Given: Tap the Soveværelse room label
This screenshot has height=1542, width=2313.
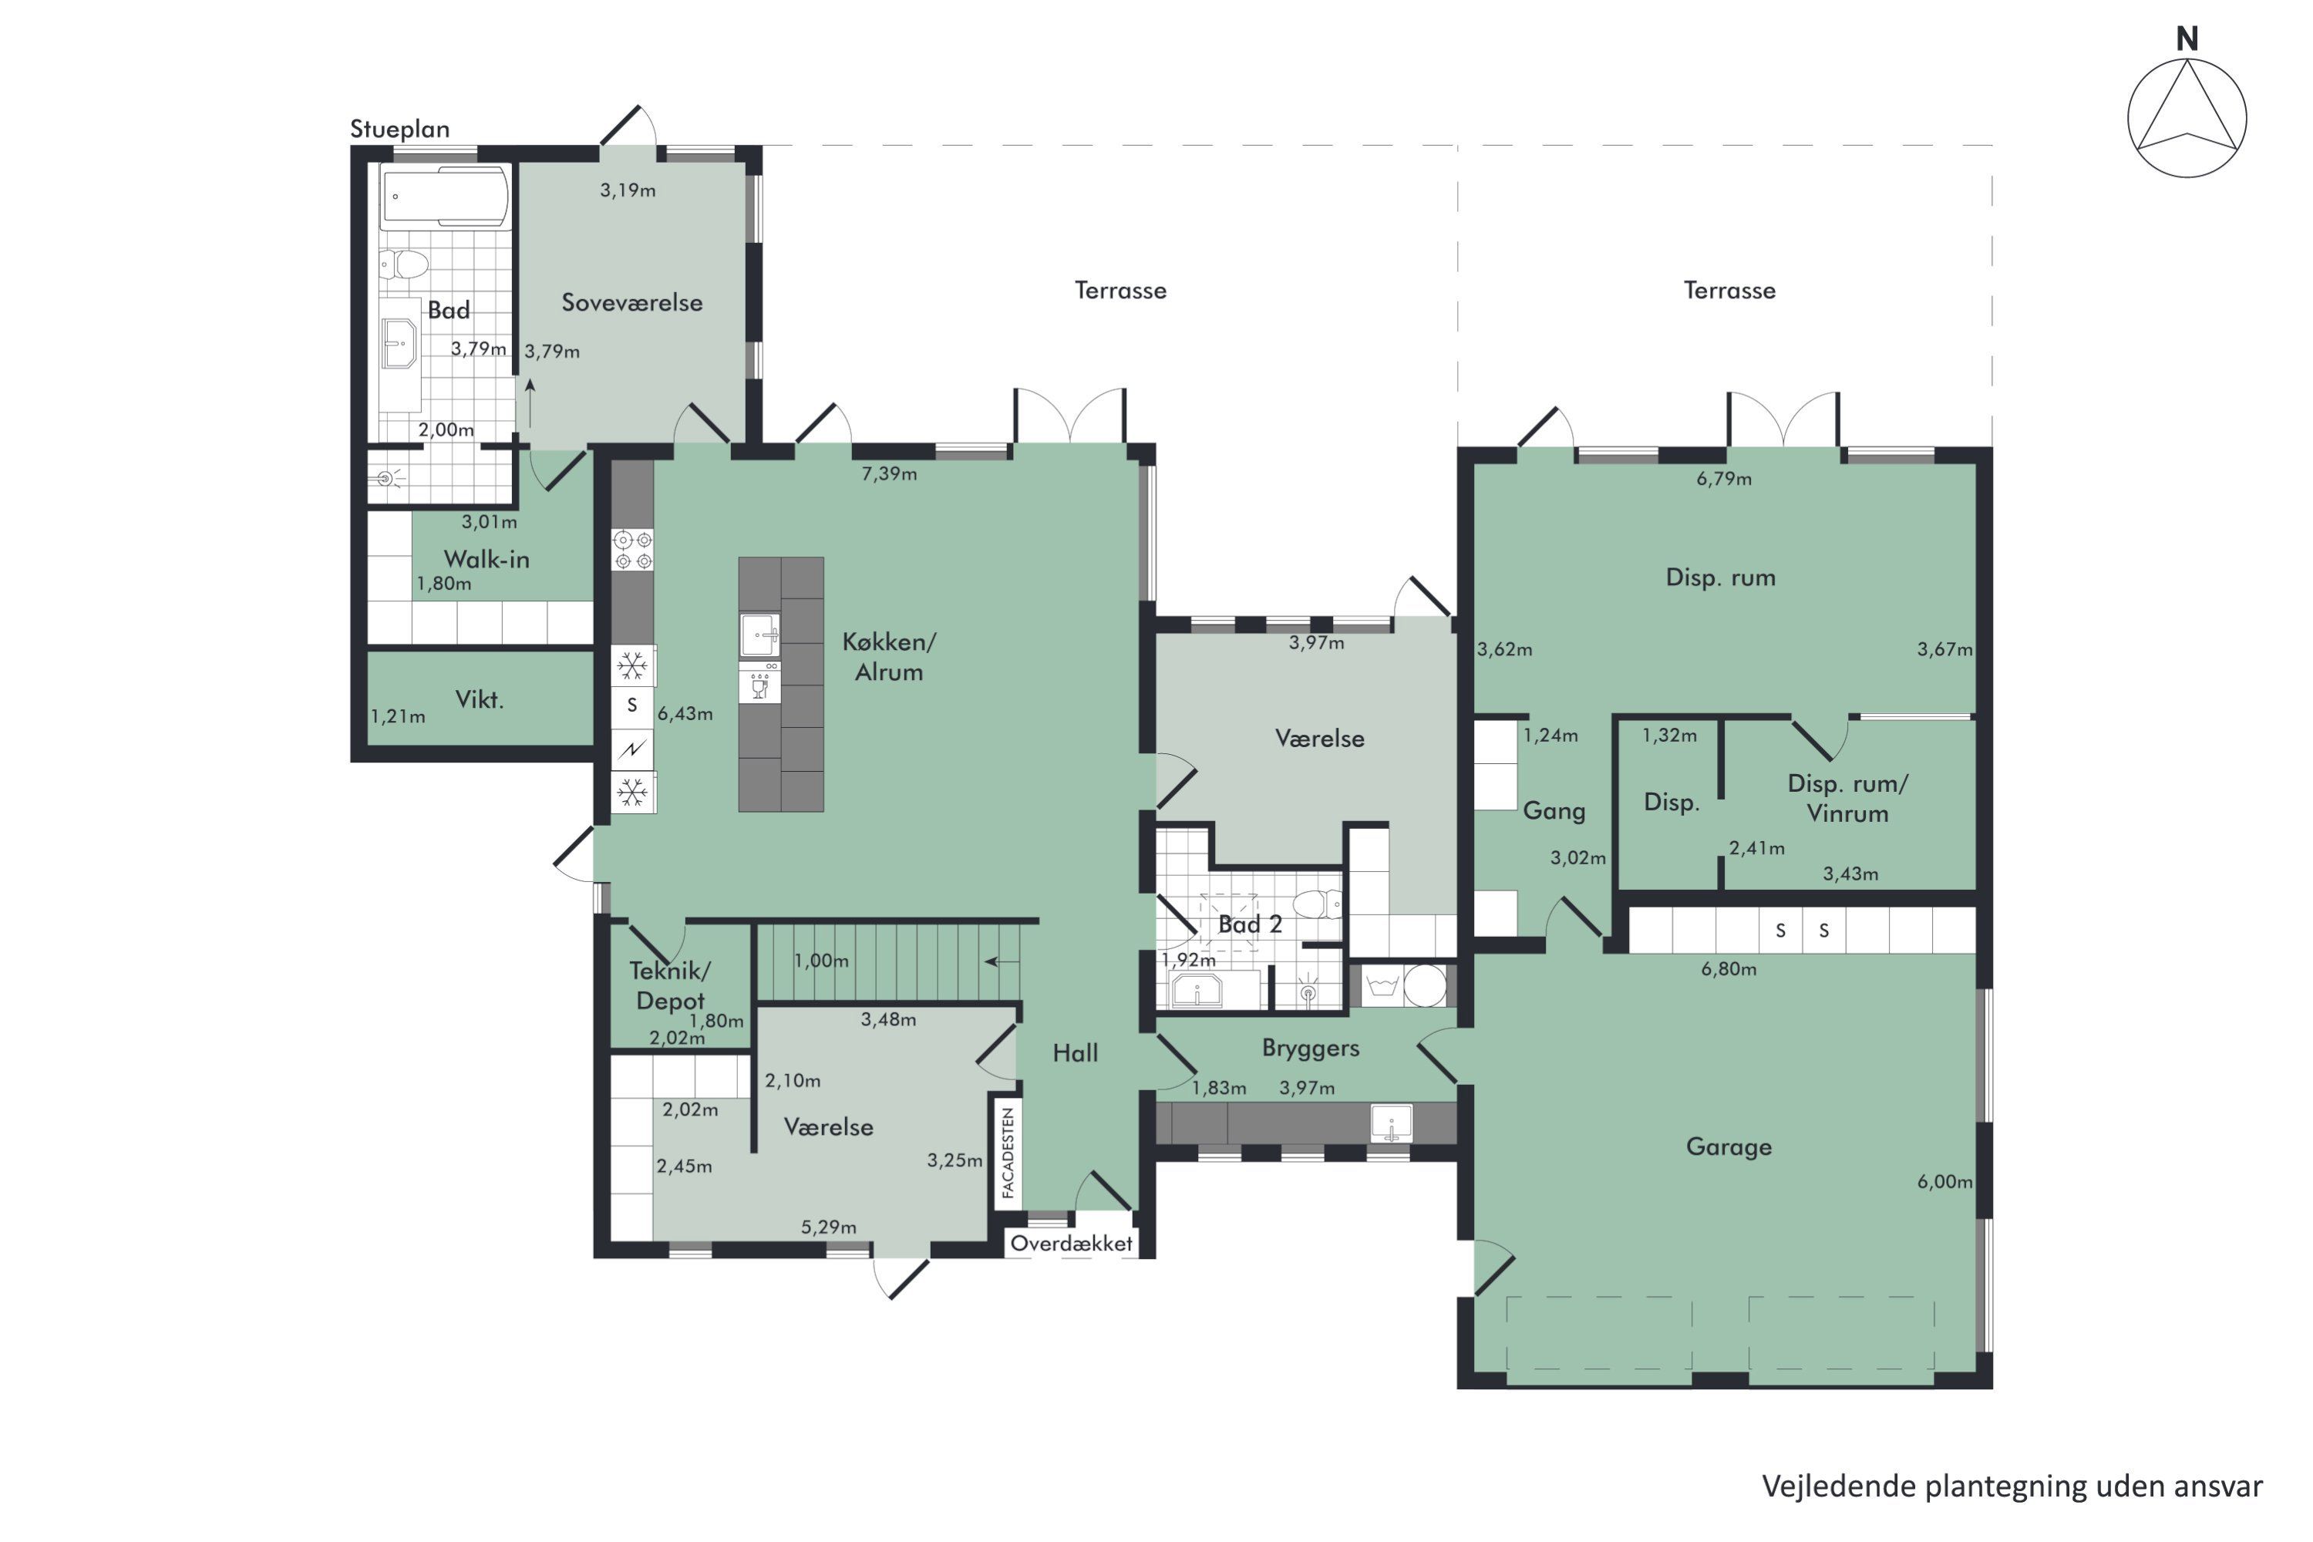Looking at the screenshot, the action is (631, 302).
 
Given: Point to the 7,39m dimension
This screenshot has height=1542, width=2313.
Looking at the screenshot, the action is (889, 473).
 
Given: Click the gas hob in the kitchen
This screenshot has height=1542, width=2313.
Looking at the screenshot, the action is (632, 550).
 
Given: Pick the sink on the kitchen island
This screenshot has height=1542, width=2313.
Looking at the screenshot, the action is (760, 635).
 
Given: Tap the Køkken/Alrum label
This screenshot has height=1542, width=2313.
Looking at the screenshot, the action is (889, 657).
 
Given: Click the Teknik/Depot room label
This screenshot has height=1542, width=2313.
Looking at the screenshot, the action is (670, 985).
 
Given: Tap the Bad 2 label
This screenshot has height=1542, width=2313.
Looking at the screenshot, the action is (1250, 924).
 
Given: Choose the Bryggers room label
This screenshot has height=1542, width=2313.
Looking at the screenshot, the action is (1311, 1049).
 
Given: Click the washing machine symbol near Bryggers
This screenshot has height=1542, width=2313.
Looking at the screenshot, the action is (1382, 985).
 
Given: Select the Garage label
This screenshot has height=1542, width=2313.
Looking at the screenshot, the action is (1729, 1146).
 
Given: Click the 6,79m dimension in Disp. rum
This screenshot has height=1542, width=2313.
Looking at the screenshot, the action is (1724, 479).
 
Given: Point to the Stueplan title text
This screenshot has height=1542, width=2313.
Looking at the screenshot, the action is (399, 129).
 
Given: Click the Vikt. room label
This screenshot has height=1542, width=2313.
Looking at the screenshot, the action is (479, 699).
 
